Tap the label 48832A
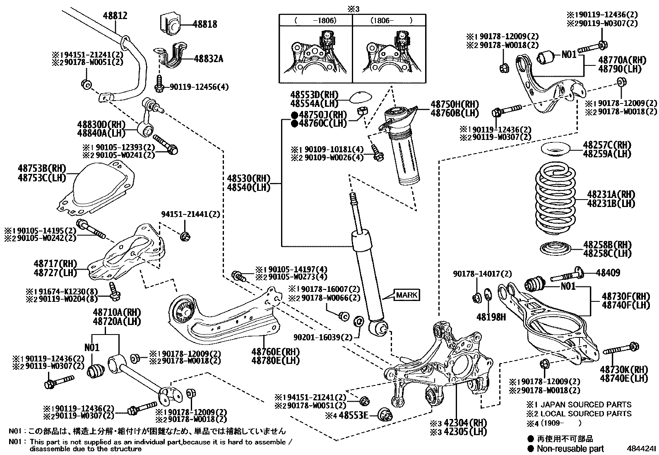[x=208, y=59]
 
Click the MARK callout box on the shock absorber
[x=406, y=295]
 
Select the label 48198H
[x=491, y=317]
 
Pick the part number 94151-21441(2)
[x=190, y=214]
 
